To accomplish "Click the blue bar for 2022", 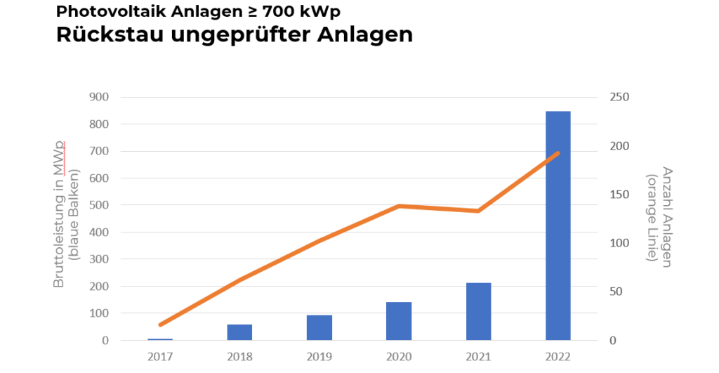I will (558, 225).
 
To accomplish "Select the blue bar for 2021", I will (478, 312).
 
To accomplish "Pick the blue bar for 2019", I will (319, 327).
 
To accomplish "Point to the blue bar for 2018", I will (239, 332).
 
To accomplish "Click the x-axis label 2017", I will (160, 356).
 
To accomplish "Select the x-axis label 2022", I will (558, 356).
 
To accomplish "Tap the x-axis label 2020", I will (399, 356).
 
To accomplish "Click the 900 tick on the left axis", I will (100, 97).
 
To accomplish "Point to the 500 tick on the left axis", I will (100, 205).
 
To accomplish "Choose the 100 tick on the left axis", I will (100, 313).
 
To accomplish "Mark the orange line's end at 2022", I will (558, 152).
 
